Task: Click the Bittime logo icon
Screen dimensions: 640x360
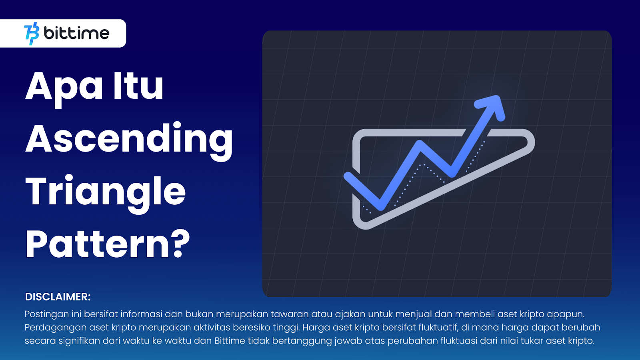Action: tap(32, 34)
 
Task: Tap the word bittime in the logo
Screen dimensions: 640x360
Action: tap(76, 34)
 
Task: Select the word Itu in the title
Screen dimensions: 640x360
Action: tap(138, 86)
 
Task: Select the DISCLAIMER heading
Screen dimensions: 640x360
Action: tap(58, 297)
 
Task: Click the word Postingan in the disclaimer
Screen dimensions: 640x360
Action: tap(47, 314)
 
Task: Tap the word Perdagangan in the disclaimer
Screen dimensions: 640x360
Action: tap(56, 328)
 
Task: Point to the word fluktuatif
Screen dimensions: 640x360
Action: tap(438, 327)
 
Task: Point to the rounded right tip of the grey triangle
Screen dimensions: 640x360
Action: tap(532, 142)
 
